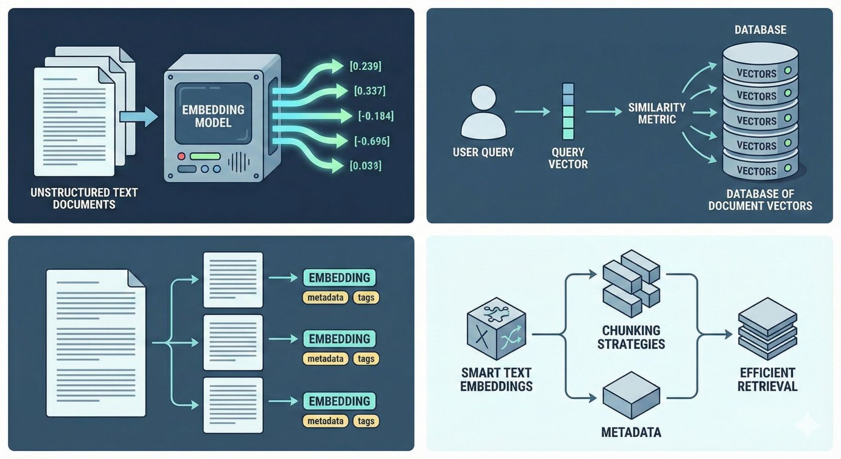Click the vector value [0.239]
pos(365,66)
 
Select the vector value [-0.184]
pos(375,116)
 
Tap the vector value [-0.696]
pos(372,141)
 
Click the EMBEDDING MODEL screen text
pos(213,116)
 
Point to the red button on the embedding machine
pos(181,156)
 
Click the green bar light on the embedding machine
pos(205,156)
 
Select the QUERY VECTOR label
pos(568,158)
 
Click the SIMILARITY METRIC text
pos(657,114)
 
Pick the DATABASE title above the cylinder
pos(760,30)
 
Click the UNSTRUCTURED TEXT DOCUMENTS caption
pos(84,199)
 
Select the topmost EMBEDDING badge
pos(339,278)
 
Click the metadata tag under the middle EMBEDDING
pos(325,359)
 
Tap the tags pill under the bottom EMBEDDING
pos(366,421)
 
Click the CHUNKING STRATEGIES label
pos(631,337)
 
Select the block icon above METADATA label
pos(631,395)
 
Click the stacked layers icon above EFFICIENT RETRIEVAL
pos(767,329)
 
